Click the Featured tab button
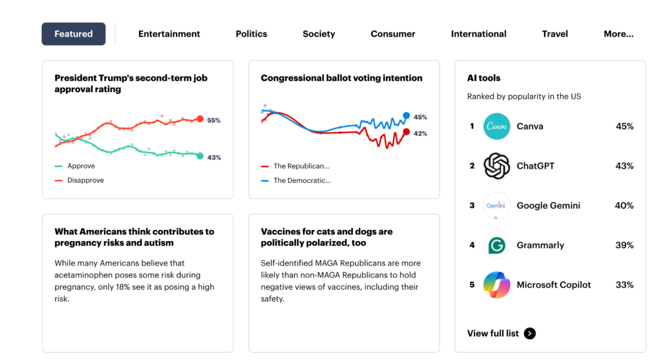(74, 34)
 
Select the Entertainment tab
(169, 34)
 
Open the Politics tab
(251, 34)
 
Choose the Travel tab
(555, 34)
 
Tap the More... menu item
(618, 34)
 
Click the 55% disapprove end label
(214, 120)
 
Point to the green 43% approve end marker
(200, 156)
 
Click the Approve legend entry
(81, 166)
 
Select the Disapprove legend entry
(85, 181)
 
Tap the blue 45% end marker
(406, 116)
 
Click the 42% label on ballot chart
(420, 133)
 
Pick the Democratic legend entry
(301, 181)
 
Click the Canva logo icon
(497, 126)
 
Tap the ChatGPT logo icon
(497, 166)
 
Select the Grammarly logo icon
(497, 245)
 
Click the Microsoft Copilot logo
(497, 285)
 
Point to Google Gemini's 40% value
(624, 205)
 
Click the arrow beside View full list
(530, 333)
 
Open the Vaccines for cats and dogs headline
(326, 237)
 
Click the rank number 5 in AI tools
(472, 285)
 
